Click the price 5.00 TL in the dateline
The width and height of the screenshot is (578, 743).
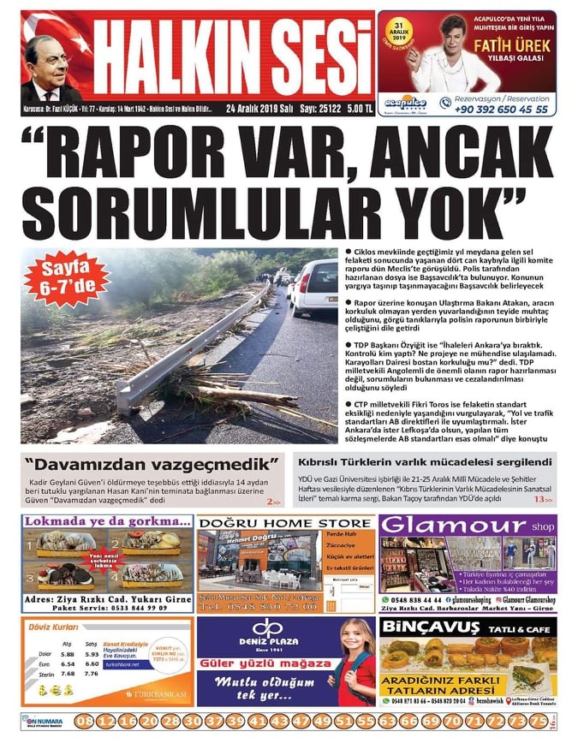[x=360, y=110]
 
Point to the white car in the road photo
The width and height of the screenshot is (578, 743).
[x=314, y=285]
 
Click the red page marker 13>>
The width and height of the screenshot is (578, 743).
[x=542, y=499]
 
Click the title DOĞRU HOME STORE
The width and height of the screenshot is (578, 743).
[x=284, y=522]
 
